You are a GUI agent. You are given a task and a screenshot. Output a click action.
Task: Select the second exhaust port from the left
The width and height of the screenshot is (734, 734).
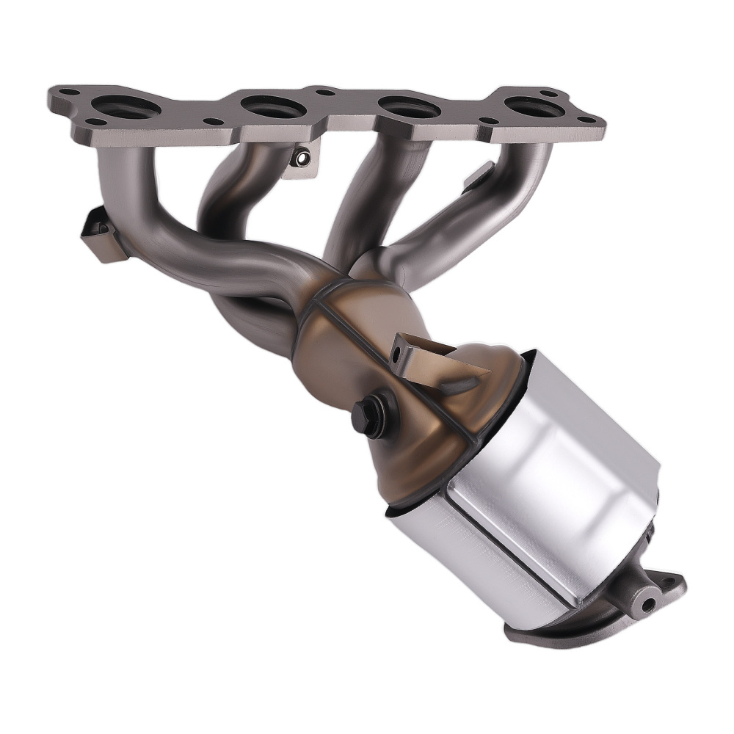tap(273, 107)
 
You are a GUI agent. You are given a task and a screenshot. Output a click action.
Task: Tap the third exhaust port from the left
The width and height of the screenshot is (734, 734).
tap(410, 108)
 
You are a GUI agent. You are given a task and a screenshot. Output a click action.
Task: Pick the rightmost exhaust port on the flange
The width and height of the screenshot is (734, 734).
tap(534, 109)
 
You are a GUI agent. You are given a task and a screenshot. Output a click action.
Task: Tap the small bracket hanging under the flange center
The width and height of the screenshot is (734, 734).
tap(301, 159)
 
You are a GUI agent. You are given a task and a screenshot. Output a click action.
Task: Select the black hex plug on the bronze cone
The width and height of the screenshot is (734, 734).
tap(371, 413)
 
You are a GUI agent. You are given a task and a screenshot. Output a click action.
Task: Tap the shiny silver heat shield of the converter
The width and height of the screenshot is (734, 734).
tap(543, 470)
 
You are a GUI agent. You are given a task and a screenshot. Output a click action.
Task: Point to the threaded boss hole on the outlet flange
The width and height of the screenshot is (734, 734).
tap(648, 604)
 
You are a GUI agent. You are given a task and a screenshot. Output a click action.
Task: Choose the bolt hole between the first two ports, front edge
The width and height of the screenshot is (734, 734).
tap(213, 122)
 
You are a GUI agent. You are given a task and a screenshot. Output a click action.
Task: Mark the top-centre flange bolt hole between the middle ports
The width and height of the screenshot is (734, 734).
tap(323, 93)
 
